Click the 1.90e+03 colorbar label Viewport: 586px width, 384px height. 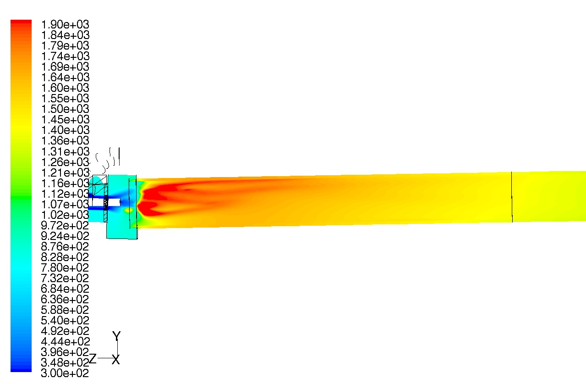tap(65, 24)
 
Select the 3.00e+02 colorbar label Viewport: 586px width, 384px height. tap(65, 373)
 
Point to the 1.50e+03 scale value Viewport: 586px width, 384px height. tap(65, 109)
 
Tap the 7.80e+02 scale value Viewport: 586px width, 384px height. tap(65, 268)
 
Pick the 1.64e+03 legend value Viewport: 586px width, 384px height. tap(65, 77)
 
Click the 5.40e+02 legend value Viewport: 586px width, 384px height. tap(65, 320)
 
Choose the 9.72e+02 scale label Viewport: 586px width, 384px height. tap(65, 225)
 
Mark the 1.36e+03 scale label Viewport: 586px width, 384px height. tap(65, 141)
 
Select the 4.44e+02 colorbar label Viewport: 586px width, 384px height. tap(65, 342)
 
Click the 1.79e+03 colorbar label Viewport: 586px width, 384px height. tap(65, 45)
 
